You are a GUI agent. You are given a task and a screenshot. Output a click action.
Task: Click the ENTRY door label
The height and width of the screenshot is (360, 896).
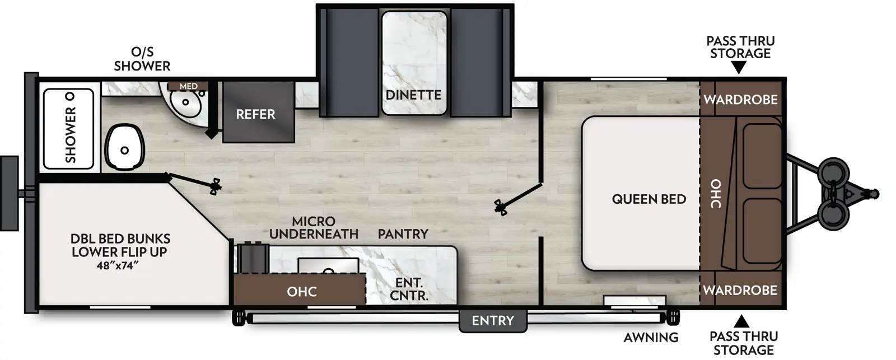tap(492, 321)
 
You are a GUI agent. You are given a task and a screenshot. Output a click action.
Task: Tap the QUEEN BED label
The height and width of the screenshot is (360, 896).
tap(648, 199)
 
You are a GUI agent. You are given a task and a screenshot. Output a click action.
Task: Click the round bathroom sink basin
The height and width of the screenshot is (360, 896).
tap(185, 102)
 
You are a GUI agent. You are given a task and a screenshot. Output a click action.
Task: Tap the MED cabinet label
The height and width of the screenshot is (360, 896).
tap(189, 86)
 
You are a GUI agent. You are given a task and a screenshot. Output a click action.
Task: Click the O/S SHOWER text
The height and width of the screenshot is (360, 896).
tap(142, 59)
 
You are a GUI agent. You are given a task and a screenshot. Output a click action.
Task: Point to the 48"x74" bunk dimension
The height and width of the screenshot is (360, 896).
tap(117, 266)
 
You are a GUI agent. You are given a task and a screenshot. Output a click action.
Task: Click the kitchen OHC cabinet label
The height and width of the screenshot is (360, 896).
tap(302, 291)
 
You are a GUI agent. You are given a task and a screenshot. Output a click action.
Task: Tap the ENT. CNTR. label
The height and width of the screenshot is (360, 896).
tap(408, 289)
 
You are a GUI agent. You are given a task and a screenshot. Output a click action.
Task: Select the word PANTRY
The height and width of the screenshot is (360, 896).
tap(403, 233)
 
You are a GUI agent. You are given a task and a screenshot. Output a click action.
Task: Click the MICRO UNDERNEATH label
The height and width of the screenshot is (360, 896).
tap(314, 228)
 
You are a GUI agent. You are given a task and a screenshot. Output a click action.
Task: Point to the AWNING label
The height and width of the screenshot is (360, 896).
tap(651, 338)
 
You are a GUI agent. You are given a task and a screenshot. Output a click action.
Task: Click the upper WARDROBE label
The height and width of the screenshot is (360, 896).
tap(740, 100)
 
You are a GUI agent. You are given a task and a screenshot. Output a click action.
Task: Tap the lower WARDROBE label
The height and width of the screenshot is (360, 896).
tap(740, 290)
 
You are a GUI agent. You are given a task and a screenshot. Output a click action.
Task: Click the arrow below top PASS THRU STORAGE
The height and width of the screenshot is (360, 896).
tap(739, 68)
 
